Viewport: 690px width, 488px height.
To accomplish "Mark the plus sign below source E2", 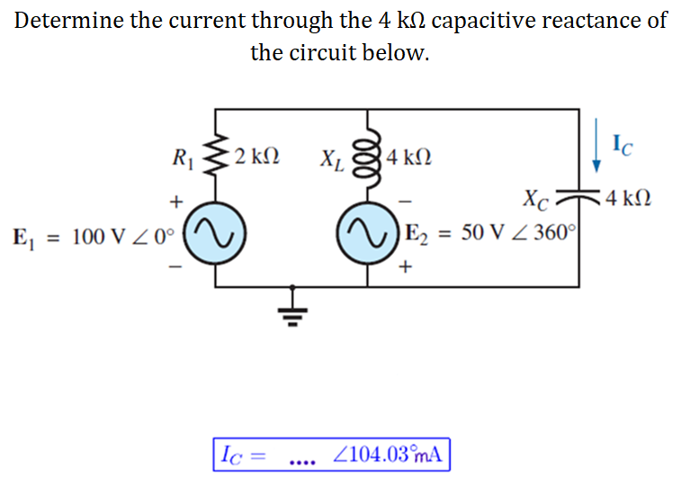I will (408, 267).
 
